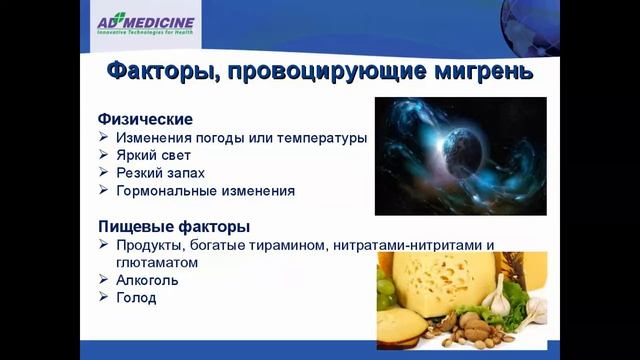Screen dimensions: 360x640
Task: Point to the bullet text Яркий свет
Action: tap(153, 155)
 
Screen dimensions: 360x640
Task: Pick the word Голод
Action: tap(136, 298)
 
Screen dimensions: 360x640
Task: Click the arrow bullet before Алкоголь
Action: tap(105, 280)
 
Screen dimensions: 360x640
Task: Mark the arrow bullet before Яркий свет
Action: tap(105, 155)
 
